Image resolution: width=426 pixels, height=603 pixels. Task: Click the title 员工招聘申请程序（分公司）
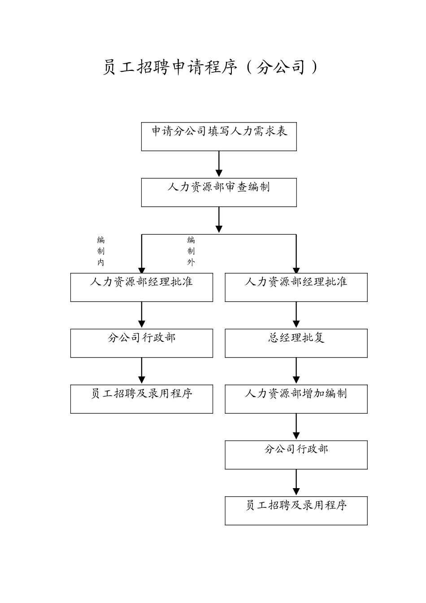pyautogui.click(x=210, y=68)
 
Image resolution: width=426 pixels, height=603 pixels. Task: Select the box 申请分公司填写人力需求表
pyautogui.click(x=219, y=136)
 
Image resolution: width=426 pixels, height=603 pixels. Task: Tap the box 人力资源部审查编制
pyautogui.click(x=219, y=192)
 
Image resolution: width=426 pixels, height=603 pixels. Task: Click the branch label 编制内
pyautogui.click(x=101, y=251)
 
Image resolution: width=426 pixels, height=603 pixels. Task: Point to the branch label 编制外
pyautogui.click(x=191, y=251)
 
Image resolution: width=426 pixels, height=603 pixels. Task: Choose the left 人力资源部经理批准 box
pyautogui.click(x=142, y=287)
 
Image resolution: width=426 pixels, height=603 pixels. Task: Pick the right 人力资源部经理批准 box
pyautogui.click(x=296, y=287)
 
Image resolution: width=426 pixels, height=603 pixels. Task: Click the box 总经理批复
pyautogui.click(x=296, y=343)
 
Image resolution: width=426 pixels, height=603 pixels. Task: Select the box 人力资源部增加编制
pyautogui.click(x=296, y=399)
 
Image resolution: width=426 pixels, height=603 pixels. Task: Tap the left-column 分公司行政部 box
pyautogui.click(x=142, y=343)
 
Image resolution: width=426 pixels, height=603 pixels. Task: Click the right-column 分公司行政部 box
pyautogui.click(x=296, y=454)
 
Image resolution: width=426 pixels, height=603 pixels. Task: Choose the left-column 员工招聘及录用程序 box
pyautogui.click(x=142, y=399)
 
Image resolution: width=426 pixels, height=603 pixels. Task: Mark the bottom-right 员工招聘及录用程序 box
pyautogui.click(x=296, y=511)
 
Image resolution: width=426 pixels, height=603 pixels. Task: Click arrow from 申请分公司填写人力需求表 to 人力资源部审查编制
pyautogui.click(x=219, y=164)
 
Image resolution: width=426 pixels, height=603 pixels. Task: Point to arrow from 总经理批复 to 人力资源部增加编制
pyautogui.click(x=296, y=371)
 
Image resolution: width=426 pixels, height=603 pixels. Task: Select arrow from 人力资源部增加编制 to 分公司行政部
pyautogui.click(x=296, y=427)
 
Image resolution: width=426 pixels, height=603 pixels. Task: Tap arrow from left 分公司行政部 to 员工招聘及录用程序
pyautogui.click(x=142, y=371)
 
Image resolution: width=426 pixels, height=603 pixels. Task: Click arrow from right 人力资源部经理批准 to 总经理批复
pyautogui.click(x=296, y=315)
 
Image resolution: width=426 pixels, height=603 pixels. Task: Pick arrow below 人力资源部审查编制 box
pyautogui.click(x=219, y=220)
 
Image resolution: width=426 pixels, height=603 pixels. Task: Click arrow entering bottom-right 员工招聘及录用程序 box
pyautogui.click(x=296, y=483)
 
